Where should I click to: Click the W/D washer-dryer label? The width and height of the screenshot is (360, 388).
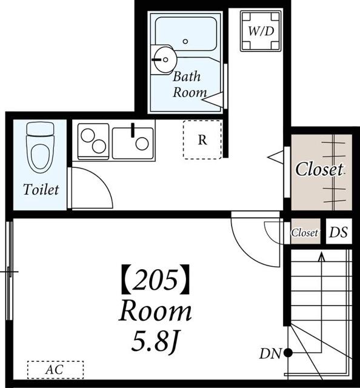261,31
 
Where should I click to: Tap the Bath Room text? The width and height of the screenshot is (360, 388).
189,84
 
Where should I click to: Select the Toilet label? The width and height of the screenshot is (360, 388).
41,190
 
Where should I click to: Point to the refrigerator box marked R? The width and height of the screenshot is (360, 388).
202,139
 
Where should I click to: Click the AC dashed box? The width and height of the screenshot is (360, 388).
55,370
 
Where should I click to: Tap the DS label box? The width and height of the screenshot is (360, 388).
338,232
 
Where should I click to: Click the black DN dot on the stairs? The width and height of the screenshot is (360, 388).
288,353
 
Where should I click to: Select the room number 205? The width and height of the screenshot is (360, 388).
155,279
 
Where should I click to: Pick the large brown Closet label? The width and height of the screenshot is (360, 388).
319,170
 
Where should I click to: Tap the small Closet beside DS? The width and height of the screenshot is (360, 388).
304,233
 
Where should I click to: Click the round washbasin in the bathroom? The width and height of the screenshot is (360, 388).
164,59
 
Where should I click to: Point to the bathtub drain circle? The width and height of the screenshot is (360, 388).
185,41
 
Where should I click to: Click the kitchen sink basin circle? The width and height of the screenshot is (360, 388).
142,144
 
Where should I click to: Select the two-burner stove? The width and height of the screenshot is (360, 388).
93,141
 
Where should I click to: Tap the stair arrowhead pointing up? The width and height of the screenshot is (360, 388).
321,256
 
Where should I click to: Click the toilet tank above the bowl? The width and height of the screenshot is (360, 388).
40,129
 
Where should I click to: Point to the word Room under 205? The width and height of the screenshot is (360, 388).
155,311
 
